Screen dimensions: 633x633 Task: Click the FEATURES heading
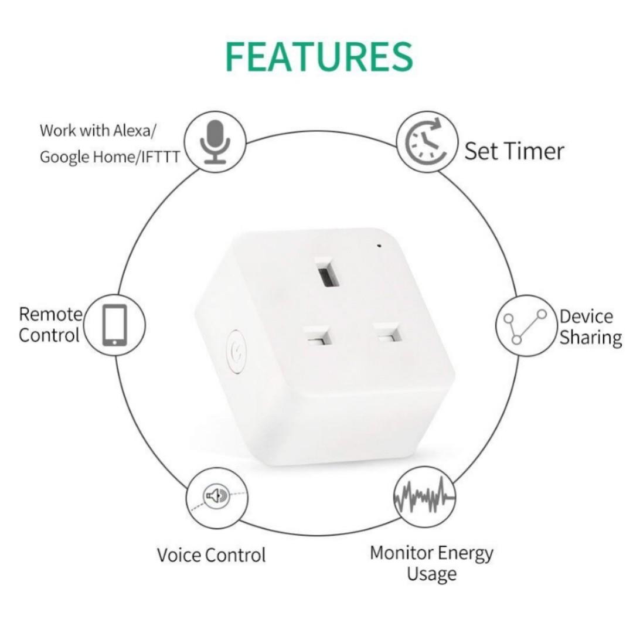tap(319, 57)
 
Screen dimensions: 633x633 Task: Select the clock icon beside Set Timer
tap(426, 141)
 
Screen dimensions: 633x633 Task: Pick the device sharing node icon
tap(526, 325)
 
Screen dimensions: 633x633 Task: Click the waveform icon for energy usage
tap(424, 496)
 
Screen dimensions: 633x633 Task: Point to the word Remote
tap(51, 314)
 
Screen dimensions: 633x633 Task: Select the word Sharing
tap(590, 338)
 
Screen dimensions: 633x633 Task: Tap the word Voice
tap(179, 554)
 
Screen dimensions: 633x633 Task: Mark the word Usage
tap(431, 574)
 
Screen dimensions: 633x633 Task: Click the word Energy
tap(464, 553)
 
